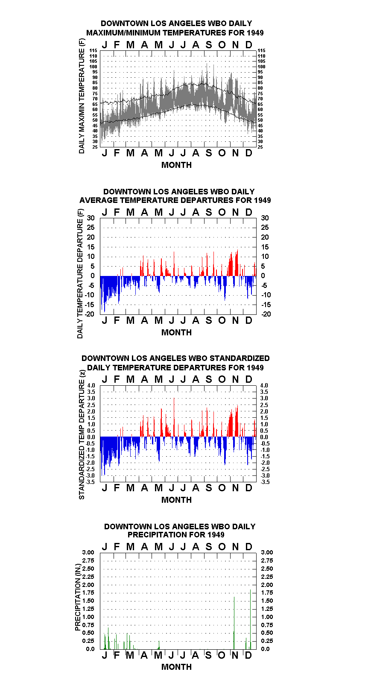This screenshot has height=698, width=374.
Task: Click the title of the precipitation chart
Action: (x=180, y=531)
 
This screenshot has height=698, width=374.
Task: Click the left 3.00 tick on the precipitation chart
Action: (x=88, y=552)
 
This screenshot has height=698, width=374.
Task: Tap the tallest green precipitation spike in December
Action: (x=250, y=619)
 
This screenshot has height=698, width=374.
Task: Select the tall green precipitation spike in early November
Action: (x=234, y=623)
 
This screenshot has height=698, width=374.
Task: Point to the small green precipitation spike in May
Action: (x=159, y=645)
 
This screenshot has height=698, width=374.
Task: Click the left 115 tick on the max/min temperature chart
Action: (x=93, y=50)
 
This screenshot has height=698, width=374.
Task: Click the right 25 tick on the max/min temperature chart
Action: (x=260, y=147)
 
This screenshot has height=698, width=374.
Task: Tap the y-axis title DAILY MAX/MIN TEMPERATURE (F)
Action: (x=82, y=96)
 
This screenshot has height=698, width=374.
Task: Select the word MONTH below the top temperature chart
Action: (x=176, y=165)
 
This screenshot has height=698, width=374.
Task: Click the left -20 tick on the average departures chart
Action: (x=90, y=314)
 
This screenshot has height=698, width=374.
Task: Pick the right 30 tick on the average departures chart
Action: (x=265, y=218)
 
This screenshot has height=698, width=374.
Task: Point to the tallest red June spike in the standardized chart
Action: (x=174, y=417)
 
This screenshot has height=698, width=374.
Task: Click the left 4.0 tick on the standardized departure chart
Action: (x=91, y=385)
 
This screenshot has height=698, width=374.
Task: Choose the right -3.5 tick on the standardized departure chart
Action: (x=265, y=482)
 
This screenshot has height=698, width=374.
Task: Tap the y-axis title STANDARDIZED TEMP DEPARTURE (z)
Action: (x=82, y=435)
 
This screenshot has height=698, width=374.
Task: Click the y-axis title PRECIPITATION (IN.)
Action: (x=78, y=597)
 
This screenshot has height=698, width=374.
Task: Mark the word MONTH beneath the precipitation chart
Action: (x=176, y=667)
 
